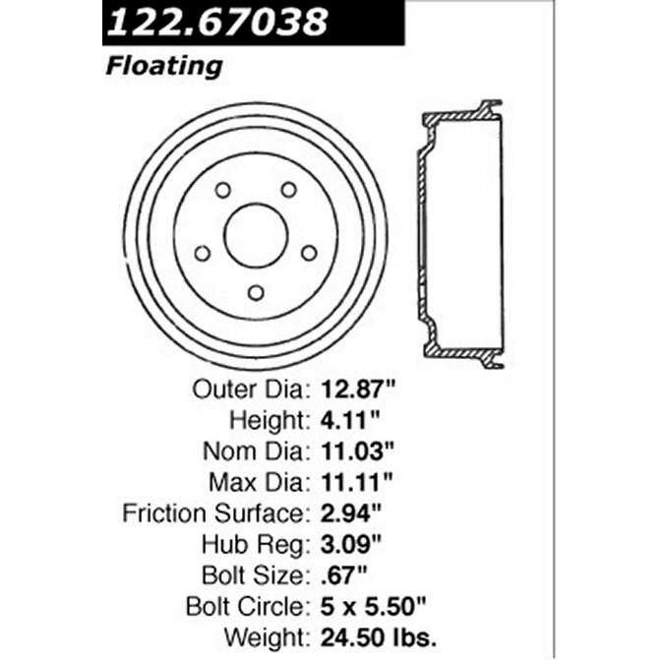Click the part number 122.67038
coord(216,22)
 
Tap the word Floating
coord(163,67)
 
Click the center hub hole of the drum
coord(256,234)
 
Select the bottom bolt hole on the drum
coord(256,292)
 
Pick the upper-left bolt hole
coord(222,189)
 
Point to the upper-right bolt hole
coord(289,189)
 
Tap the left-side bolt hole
coord(202,253)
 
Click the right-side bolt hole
coord(310,253)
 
